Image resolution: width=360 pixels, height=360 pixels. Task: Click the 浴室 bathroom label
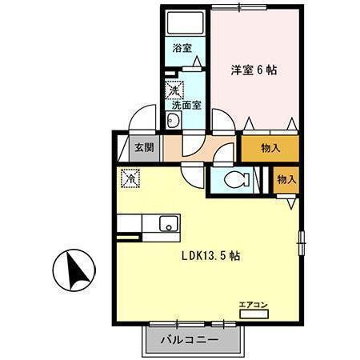(x=182, y=47)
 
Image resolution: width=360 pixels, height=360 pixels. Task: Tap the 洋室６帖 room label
(x=254, y=70)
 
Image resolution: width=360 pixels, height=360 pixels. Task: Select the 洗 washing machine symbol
(x=172, y=90)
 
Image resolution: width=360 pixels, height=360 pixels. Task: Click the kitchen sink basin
(x=169, y=223)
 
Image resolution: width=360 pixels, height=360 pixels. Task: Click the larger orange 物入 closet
(x=270, y=148)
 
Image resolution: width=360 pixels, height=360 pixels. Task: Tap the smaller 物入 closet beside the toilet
(x=286, y=179)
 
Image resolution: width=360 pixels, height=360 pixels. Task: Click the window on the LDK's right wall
(x=302, y=238)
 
